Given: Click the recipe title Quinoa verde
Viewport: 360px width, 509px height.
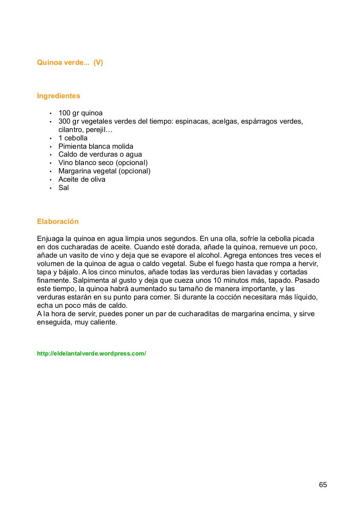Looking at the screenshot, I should pos(63,63).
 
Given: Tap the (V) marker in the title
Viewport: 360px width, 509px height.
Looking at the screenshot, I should pos(98,63).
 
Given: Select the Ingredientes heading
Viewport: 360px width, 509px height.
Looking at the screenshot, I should pos(58,96).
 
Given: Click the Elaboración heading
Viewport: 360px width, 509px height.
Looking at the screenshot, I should pos(58,221).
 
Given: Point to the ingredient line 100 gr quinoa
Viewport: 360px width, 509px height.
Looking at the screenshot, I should pos(80,113).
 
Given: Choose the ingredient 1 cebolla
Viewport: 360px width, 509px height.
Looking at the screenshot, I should pos(73,138).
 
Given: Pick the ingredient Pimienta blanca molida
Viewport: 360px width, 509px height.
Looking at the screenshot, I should pos(96,146).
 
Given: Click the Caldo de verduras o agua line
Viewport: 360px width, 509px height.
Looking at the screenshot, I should pos(100,154).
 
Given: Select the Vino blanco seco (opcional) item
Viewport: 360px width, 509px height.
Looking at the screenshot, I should pos(103,163).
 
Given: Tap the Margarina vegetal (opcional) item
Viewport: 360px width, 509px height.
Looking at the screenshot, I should pos(104,171).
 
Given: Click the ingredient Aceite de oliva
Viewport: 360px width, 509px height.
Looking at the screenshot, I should pos(82,179).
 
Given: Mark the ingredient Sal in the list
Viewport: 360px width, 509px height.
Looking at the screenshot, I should pos(64,188).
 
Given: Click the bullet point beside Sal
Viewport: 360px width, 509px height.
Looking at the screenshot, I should pos(51,188).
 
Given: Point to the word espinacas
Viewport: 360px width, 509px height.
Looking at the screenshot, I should pos(192,121).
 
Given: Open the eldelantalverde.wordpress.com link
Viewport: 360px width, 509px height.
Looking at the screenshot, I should pos(91,354).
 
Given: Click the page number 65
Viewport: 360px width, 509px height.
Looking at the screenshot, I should pos(323,485).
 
